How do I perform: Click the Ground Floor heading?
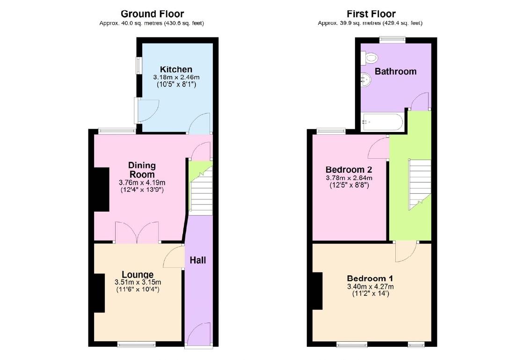152,14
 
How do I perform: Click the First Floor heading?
371,14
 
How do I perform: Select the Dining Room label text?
142,170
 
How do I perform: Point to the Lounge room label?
138,274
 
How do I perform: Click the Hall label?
198,260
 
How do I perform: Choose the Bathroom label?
395,72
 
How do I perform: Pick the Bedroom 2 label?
349,169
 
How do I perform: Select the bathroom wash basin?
366,81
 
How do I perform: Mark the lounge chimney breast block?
99,293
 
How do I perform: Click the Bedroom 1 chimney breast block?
317,291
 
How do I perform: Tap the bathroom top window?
392,40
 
